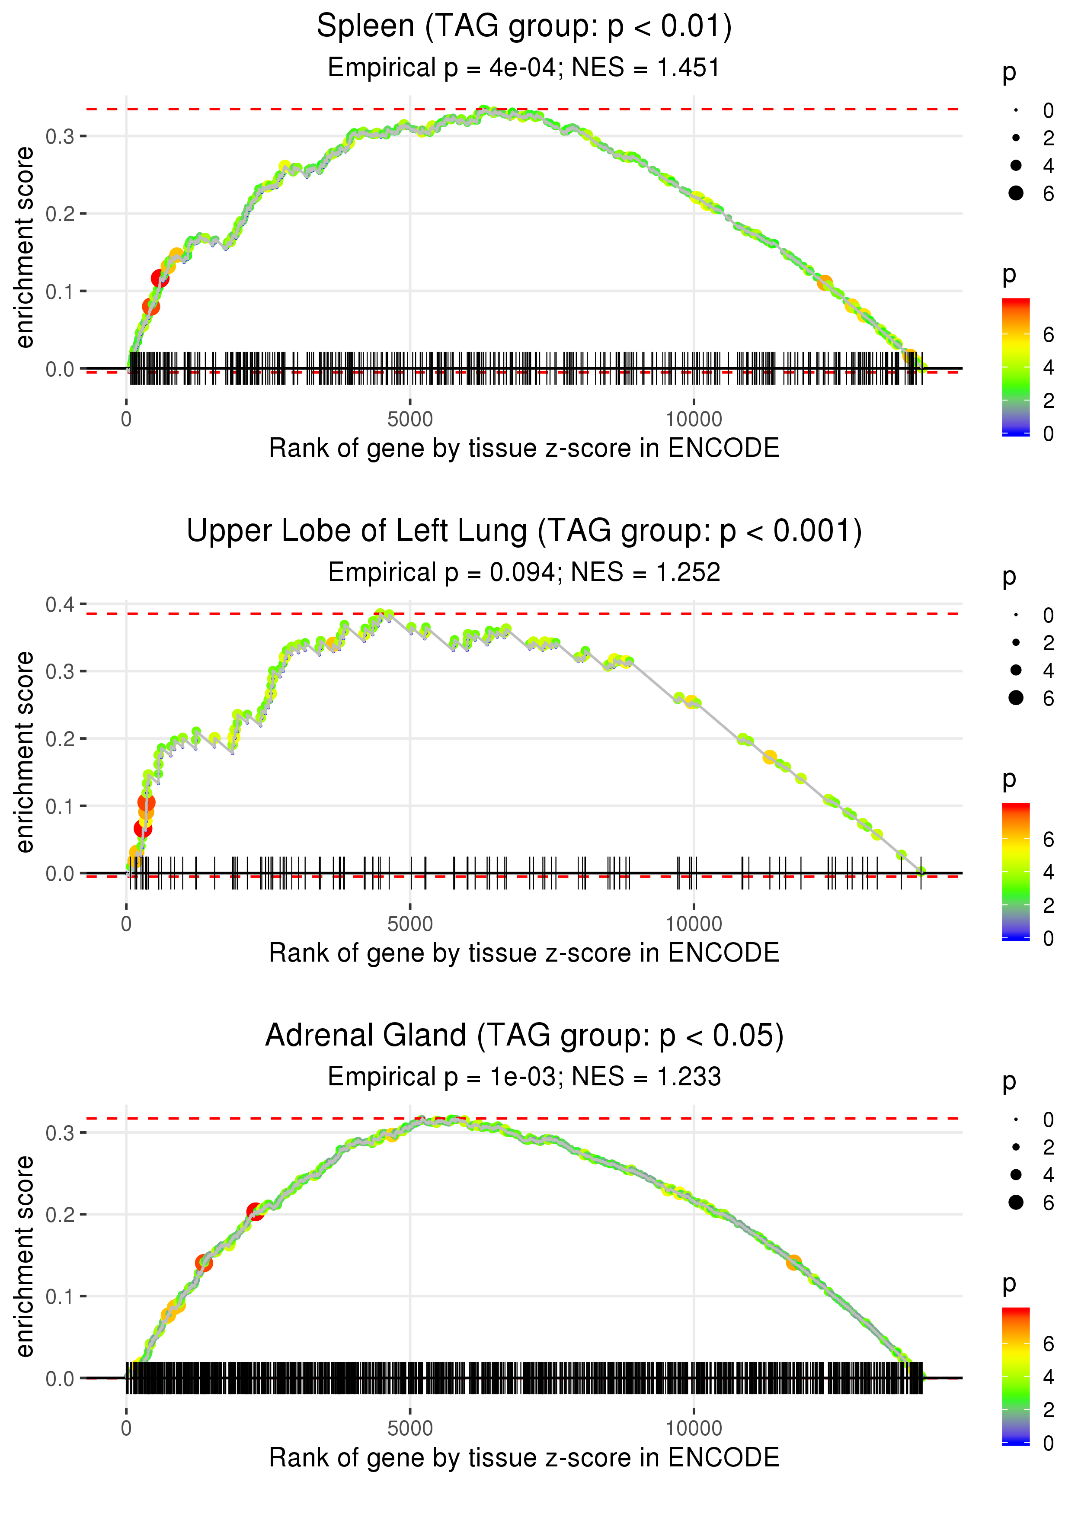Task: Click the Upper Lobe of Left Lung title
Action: (524, 531)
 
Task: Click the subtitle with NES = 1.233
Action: (524, 1077)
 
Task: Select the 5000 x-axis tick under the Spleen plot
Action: (409, 420)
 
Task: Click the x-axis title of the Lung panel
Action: (524, 953)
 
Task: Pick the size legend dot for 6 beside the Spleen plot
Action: (1016, 193)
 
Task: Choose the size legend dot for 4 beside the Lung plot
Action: (1016, 670)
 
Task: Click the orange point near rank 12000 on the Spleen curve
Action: (825, 283)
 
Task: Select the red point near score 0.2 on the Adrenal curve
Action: (255, 1211)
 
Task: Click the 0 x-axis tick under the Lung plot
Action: (126, 924)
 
